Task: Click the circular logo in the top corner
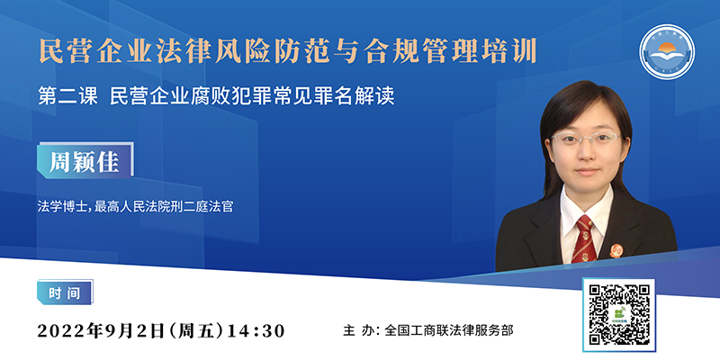coord(667,52)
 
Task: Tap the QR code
coord(619,314)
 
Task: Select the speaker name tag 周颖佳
coord(85,160)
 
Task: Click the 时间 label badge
coord(64,292)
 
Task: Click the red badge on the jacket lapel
coord(616,251)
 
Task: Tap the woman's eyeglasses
coord(585,138)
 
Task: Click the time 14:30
coord(256,330)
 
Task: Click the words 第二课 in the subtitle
coord(67,97)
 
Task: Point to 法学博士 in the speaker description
coord(59,207)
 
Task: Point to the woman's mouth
coord(588,171)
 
